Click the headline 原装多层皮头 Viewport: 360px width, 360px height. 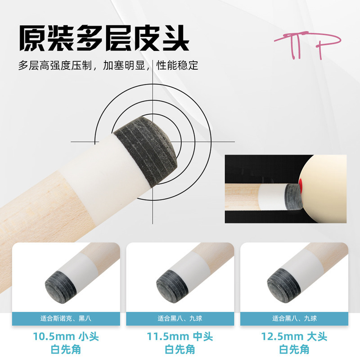click(x=104, y=38)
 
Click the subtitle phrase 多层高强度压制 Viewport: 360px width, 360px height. click(x=55, y=65)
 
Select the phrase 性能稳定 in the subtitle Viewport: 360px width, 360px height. click(x=177, y=65)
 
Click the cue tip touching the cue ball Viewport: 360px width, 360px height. click(x=292, y=197)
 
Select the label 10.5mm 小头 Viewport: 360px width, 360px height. click(x=66, y=337)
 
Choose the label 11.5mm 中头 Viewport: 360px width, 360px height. click(x=180, y=337)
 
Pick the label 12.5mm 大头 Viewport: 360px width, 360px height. click(x=294, y=337)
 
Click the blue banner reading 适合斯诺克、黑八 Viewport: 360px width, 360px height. click(x=66, y=319)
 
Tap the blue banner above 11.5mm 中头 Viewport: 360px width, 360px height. click(x=180, y=319)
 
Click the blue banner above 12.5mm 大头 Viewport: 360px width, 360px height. click(x=294, y=319)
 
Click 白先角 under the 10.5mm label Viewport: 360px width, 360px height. click(x=66, y=350)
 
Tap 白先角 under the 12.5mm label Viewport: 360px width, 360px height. click(x=294, y=350)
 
